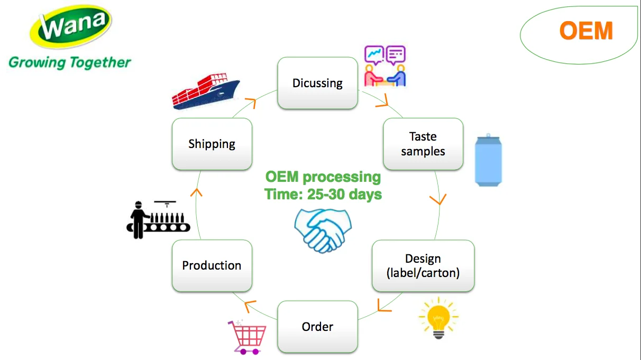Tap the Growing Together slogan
click(x=69, y=62)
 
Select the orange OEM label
click(x=586, y=31)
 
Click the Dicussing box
click(x=317, y=83)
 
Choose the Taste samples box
click(x=423, y=144)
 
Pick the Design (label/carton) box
click(x=423, y=265)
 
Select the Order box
click(x=317, y=327)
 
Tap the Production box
click(x=212, y=265)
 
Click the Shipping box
click(x=212, y=144)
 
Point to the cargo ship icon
click(x=206, y=92)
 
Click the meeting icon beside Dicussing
click(x=386, y=67)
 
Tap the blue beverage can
click(x=488, y=161)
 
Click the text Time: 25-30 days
click(x=323, y=194)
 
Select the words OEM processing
click(x=323, y=177)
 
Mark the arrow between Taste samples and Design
click(x=438, y=200)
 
